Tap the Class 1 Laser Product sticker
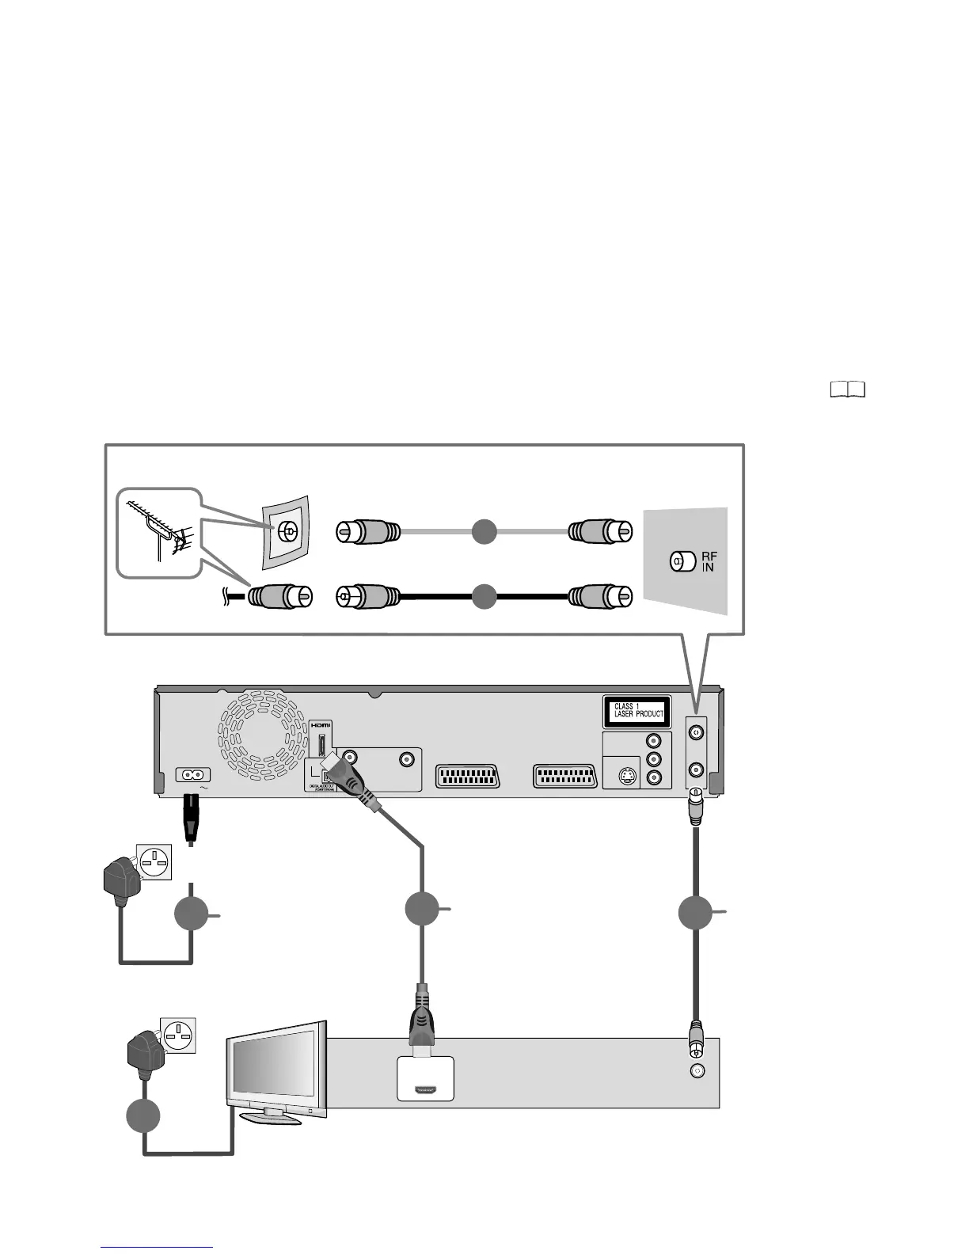[637, 710]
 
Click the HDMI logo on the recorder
[320, 724]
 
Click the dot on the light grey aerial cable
[484, 530]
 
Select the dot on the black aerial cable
[484, 596]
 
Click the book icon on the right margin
[848, 389]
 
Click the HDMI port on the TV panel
[425, 1090]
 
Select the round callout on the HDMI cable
[422, 909]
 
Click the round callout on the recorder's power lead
[192, 915]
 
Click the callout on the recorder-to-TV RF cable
[696, 913]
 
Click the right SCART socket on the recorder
[565, 777]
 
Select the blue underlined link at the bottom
[157, 1247]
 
